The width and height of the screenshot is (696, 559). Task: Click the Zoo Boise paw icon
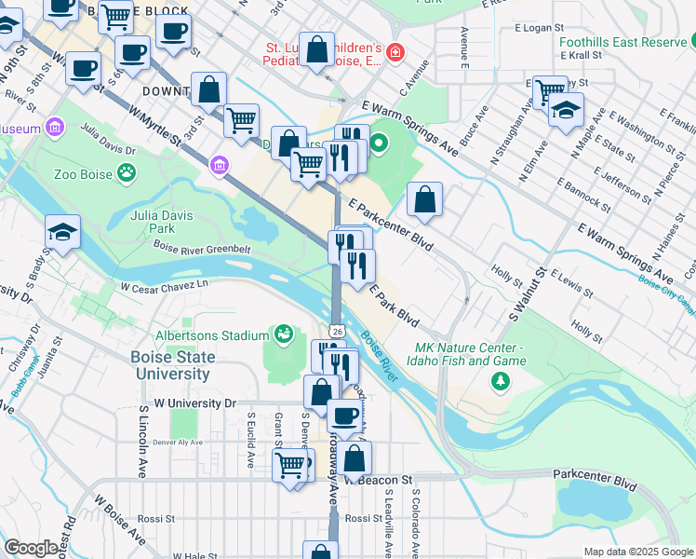[127, 171]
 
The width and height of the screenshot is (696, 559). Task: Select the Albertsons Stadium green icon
[284, 334]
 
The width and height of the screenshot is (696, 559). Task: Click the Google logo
[31, 548]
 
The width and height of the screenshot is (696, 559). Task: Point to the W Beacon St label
[379, 480]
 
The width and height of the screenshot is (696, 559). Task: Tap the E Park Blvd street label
[395, 304]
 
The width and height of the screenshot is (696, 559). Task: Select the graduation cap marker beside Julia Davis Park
[62, 233]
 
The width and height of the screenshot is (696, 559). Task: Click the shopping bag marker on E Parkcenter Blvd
[424, 200]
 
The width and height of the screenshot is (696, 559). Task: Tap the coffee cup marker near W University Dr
[344, 416]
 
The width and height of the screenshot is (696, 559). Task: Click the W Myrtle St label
[155, 127]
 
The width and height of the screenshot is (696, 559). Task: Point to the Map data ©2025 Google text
[637, 552]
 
